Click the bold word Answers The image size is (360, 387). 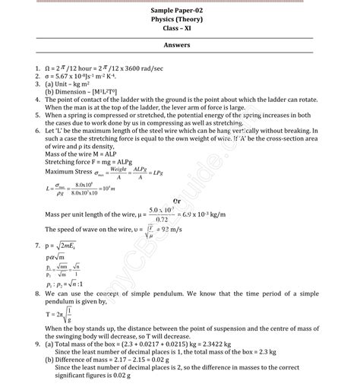[x=181, y=46]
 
